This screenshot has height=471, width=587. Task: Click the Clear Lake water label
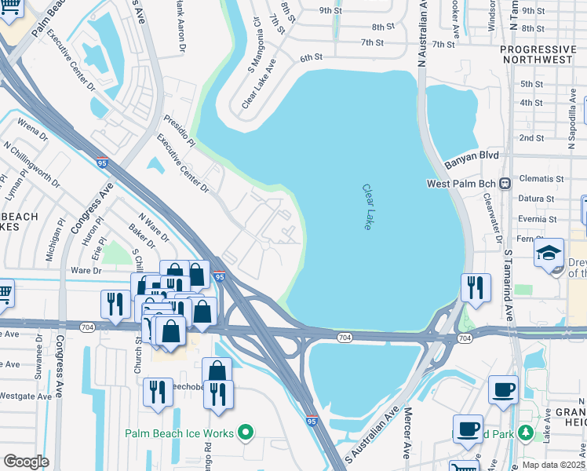(366, 207)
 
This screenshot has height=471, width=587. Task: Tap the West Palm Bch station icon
(506, 184)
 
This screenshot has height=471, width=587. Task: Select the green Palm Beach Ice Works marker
(246, 433)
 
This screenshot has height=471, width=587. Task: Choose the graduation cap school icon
(549, 253)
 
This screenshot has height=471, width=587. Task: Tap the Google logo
(26, 462)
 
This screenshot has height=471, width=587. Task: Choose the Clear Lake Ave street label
(261, 89)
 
